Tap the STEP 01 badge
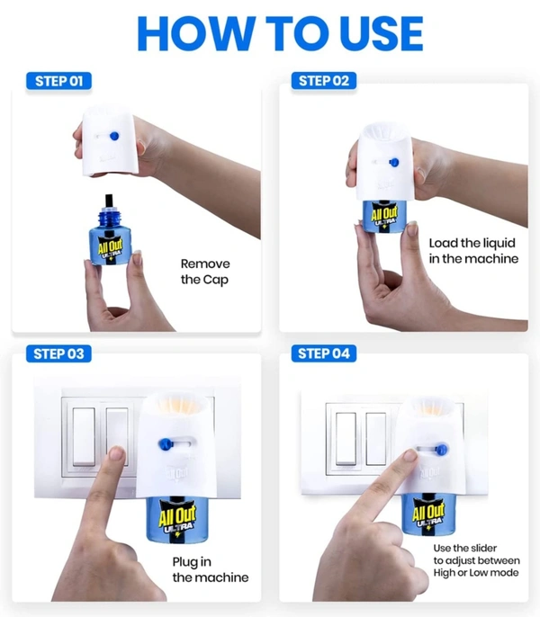pyautogui.click(x=59, y=81)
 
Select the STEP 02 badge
pyautogui.click(x=324, y=81)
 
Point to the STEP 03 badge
pyautogui.click(x=58, y=353)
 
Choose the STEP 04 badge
pyautogui.click(x=324, y=353)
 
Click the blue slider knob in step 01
pyautogui.click(x=114, y=136)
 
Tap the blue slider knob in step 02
pyautogui.click(x=394, y=162)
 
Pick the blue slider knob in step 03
pyautogui.click(x=166, y=444)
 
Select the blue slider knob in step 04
pyautogui.click(x=442, y=449)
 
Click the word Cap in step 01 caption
pyautogui.click(x=215, y=280)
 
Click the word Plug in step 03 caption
pyautogui.click(x=186, y=562)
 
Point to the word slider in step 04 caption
pyautogui.click(x=483, y=548)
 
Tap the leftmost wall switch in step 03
pyautogui.click(x=84, y=437)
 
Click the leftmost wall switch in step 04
pyautogui.click(x=346, y=439)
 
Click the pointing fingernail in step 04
pyautogui.click(x=410, y=455)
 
